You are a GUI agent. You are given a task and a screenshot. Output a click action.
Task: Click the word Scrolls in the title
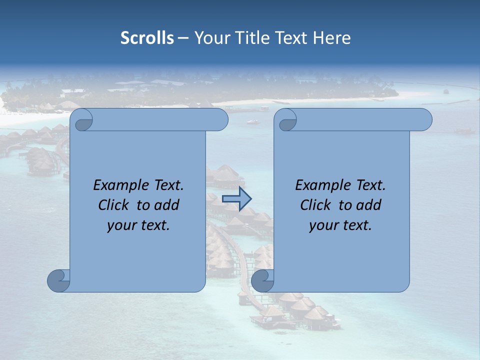click(x=147, y=38)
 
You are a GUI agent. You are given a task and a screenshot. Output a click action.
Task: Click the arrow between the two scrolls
click(x=236, y=198)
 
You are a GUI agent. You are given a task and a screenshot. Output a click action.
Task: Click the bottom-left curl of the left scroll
click(x=59, y=280)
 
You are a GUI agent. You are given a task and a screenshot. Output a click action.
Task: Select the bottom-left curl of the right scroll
click(x=263, y=280)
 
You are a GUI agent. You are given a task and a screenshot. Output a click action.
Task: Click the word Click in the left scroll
click(x=112, y=205)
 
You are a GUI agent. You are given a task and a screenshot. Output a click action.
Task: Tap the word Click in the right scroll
click(x=315, y=205)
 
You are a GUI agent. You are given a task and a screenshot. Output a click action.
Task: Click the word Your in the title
click(x=209, y=38)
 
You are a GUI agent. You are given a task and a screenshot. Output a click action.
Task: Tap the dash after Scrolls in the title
click(x=183, y=38)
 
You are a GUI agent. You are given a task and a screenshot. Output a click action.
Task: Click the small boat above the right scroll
click(x=252, y=121)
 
